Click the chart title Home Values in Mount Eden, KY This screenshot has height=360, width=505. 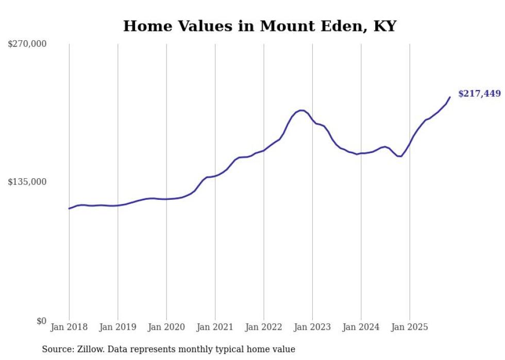[x=260, y=26]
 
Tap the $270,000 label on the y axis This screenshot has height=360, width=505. [x=27, y=44]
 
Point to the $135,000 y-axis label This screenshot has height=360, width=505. [x=27, y=182]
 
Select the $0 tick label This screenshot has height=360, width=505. [x=41, y=321]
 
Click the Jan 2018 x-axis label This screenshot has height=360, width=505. [x=69, y=327]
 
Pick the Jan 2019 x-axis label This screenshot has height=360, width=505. [x=117, y=327]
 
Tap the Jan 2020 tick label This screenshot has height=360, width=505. [x=166, y=327]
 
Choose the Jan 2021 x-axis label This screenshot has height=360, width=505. [x=215, y=327]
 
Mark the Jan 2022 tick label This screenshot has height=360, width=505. [x=264, y=327]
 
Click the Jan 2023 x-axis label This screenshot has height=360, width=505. [x=312, y=327]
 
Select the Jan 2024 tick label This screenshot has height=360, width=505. [x=361, y=327]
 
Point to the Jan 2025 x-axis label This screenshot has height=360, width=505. [x=410, y=327]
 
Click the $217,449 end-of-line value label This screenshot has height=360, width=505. [x=479, y=94]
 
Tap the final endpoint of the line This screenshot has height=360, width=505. [x=450, y=97]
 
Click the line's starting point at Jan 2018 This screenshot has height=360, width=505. [x=69, y=209]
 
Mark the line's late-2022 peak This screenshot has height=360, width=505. [x=301, y=110]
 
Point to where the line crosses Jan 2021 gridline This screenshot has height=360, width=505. [x=215, y=176]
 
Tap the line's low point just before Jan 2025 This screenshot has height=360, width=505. [x=400, y=156]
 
